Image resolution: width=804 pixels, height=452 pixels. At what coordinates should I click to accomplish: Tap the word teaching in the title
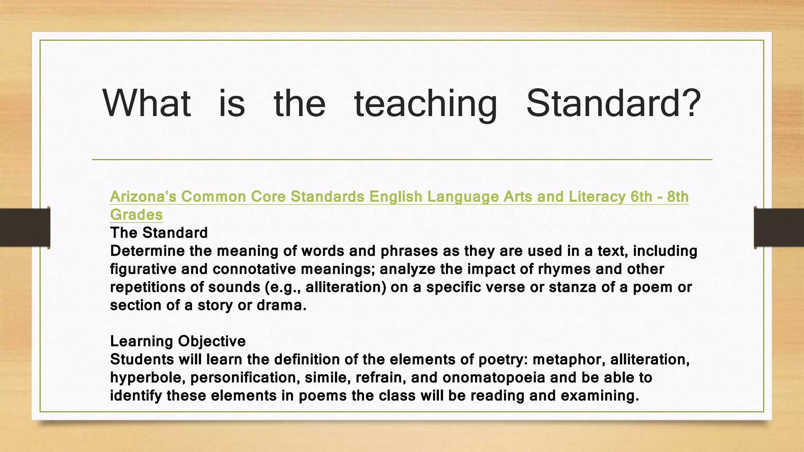[x=426, y=103]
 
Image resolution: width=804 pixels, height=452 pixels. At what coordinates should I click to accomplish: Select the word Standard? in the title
[x=613, y=103]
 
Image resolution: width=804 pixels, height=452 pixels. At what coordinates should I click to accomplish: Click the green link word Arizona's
[x=143, y=197]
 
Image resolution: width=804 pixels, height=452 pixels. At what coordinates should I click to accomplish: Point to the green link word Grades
[x=136, y=215]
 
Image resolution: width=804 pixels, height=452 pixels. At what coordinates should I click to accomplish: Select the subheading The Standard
[x=159, y=233]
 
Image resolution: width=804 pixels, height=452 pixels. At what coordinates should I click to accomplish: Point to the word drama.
[x=281, y=305]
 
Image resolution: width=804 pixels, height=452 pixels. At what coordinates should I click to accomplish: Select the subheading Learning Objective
[x=178, y=341]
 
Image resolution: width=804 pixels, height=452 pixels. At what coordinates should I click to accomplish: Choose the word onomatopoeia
[x=494, y=377]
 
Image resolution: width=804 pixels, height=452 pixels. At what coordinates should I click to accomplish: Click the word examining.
[x=600, y=395]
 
